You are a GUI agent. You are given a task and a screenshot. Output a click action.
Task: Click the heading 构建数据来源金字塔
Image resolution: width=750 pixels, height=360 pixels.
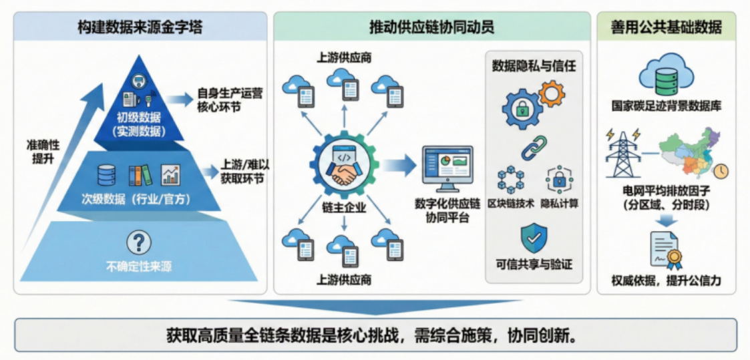140,27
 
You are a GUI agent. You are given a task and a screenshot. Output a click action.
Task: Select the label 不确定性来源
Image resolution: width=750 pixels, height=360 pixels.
139,266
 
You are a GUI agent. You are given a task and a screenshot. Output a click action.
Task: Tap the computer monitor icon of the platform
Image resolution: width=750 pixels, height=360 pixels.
447,168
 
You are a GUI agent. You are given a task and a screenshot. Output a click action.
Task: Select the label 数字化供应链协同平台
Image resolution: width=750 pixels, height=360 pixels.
447,210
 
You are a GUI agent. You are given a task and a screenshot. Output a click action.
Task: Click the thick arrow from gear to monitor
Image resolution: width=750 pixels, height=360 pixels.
399,165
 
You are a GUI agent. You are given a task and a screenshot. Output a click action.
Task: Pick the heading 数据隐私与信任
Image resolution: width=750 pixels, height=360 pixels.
534,65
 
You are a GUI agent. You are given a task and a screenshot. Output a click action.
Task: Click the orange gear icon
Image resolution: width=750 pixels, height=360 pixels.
552,94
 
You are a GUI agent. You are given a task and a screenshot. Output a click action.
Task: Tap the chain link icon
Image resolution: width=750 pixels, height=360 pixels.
534,148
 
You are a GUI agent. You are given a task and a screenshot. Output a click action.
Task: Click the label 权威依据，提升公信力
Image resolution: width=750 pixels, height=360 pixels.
666,280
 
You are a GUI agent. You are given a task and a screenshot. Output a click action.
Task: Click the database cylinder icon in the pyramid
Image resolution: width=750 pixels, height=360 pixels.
107,175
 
